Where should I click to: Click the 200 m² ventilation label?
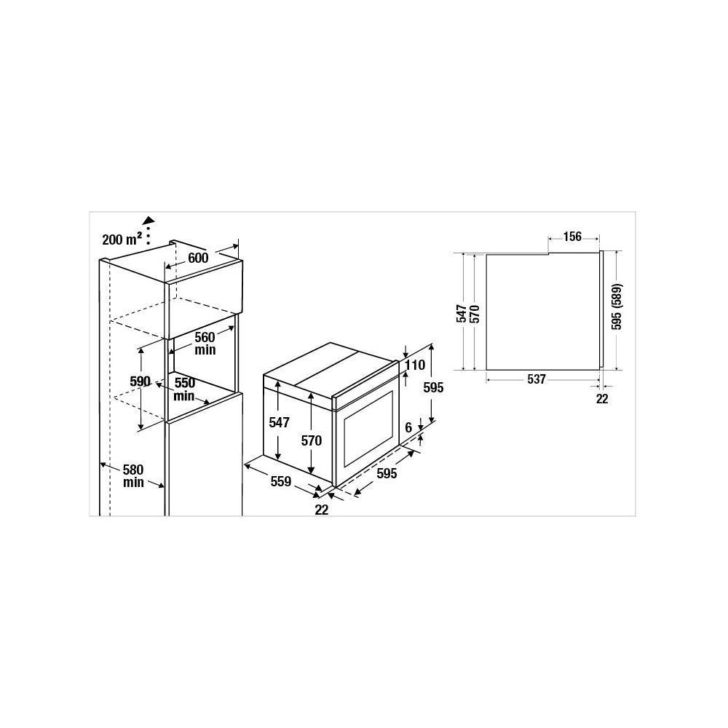click(x=122, y=240)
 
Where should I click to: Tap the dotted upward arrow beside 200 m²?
click(x=149, y=230)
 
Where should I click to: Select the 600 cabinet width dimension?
click(x=198, y=258)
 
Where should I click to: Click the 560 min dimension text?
click(x=205, y=343)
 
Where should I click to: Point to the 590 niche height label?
click(x=141, y=381)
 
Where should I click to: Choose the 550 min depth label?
click(x=184, y=389)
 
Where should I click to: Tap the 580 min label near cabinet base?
click(x=133, y=476)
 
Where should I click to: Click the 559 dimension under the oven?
click(x=281, y=481)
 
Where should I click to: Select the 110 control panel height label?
click(x=414, y=365)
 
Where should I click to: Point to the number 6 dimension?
click(x=408, y=427)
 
